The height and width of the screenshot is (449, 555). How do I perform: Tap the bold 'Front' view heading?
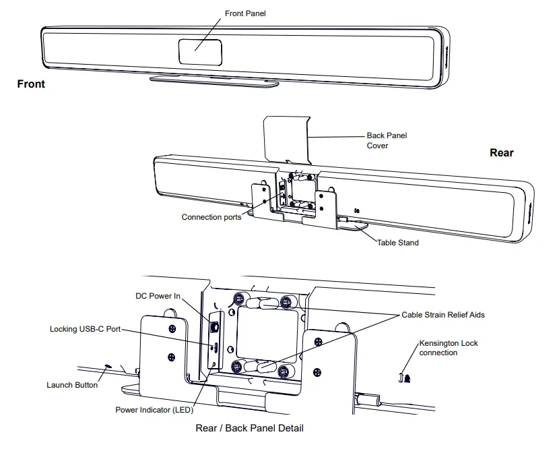pos(31,84)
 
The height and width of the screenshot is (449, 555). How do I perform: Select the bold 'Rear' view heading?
pos(501,153)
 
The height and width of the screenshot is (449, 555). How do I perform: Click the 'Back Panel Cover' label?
pos(387,140)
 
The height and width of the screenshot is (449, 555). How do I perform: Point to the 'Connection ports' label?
pos(211,217)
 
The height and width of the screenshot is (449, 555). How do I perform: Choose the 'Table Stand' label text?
pos(397,243)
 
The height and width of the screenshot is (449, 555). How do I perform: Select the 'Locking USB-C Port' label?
pos(85,330)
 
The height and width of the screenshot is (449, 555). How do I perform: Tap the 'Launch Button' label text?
pos(72,385)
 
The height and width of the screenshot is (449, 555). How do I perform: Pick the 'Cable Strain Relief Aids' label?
pos(443,314)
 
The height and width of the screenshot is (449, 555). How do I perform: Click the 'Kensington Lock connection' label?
pos(448,348)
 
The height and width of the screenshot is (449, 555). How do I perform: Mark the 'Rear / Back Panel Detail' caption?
pos(249,428)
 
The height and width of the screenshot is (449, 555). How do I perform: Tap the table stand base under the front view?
pos(214,82)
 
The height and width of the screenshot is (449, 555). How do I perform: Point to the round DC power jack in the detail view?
pos(215,326)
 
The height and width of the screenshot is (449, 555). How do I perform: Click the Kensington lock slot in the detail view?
pos(403,379)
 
